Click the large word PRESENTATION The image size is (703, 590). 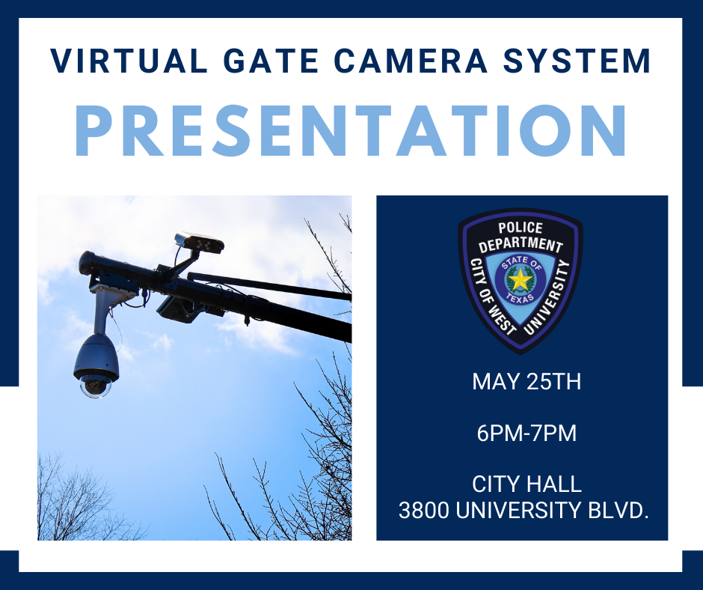(x=351, y=131)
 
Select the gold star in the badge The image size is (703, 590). (x=518, y=280)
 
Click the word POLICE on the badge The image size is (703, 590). (x=521, y=228)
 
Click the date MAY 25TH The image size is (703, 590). (x=526, y=383)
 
